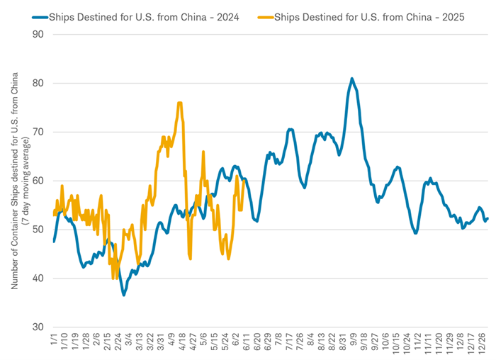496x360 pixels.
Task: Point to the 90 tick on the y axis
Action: point(38,35)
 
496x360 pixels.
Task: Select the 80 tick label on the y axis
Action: point(38,84)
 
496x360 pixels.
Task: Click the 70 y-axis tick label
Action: point(38,133)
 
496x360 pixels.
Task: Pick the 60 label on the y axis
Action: point(38,181)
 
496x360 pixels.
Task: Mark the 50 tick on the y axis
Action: point(38,230)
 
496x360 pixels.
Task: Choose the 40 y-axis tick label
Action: point(38,279)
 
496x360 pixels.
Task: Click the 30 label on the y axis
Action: point(38,327)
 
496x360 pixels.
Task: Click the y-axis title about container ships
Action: point(18,181)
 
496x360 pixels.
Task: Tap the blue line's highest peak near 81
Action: point(352,79)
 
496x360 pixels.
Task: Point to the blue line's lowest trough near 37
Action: point(124,295)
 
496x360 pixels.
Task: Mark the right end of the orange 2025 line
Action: point(244,181)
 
